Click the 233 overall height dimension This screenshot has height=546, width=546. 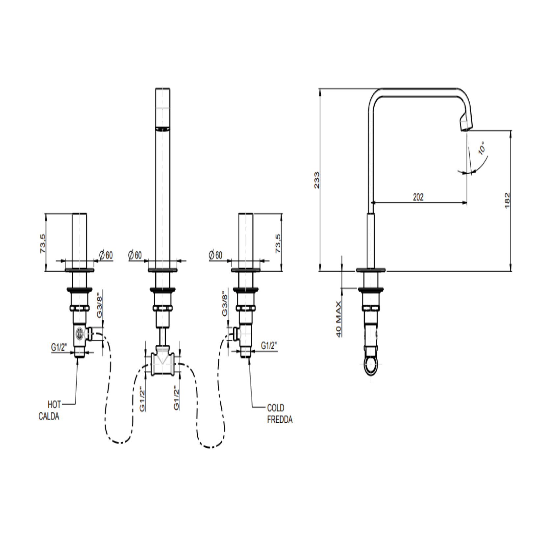click(317, 180)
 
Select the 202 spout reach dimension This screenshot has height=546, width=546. click(418, 197)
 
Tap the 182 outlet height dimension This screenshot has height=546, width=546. click(507, 200)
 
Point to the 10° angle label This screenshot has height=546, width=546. click(482, 148)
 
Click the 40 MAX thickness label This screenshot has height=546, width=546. click(338, 319)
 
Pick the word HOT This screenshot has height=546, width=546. click(54, 404)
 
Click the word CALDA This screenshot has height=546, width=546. click(49, 416)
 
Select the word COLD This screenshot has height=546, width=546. click(276, 408)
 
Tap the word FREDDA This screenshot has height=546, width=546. click(280, 420)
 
